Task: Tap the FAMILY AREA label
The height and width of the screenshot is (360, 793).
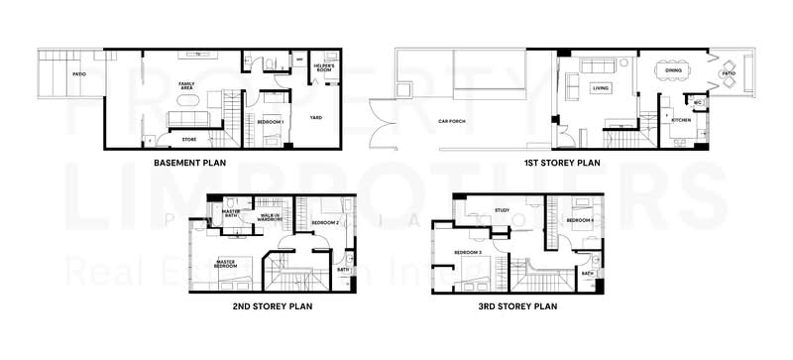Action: (x=186, y=86)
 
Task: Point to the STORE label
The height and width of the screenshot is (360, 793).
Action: (x=188, y=140)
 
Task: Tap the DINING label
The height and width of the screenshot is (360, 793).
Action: (x=673, y=70)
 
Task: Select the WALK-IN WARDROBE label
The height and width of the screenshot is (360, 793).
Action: (x=271, y=218)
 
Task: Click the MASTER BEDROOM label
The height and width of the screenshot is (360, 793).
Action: (x=227, y=264)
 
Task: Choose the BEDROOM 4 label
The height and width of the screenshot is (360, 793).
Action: (x=580, y=219)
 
